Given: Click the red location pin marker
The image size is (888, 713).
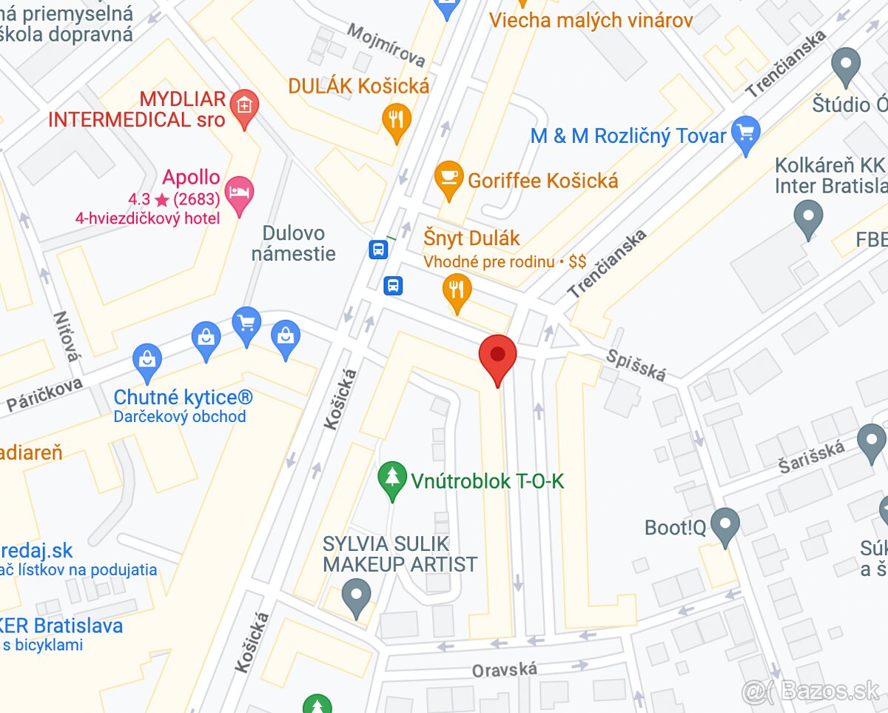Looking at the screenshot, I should coord(497,355).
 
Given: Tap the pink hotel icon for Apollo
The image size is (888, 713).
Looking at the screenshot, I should coord(239,193).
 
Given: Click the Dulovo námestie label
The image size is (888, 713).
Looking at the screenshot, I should coord(293,244).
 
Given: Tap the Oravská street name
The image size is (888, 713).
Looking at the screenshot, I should coord(505,670).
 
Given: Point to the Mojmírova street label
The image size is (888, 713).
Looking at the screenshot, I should coord(386,46).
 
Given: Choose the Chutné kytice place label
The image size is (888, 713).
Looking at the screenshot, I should coord(183,398).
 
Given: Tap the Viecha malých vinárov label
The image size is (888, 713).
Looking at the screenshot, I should coord(591,20).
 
